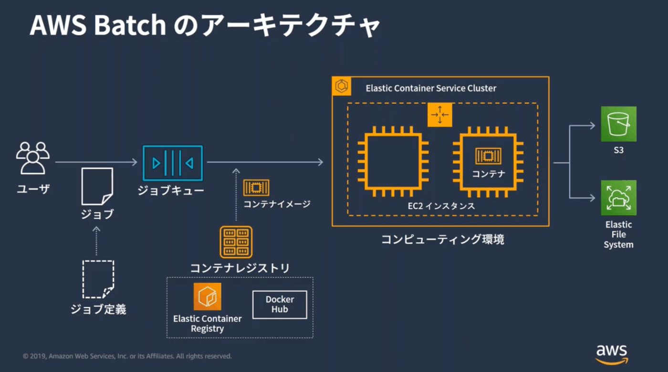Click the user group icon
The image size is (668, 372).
[x=33, y=158]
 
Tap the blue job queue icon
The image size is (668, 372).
[x=173, y=163]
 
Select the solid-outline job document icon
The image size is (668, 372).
[x=97, y=186]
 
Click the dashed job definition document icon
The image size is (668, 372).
[x=98, y=279]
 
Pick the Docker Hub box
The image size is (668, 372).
[x=280, y=305]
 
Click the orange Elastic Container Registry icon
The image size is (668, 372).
[x=208, y=297]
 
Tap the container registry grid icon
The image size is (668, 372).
[x=236, y=242]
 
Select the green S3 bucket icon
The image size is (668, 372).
[x=618, y=124]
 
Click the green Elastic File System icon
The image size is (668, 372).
[x=618, y=198]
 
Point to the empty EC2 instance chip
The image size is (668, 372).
[x=393, y=161]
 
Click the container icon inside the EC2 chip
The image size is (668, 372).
[x=488, y=156]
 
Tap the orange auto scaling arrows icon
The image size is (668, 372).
[x=440, y=115]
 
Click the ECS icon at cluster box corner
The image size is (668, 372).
[x=342, y=86]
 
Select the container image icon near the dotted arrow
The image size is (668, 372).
[x=256, y=188]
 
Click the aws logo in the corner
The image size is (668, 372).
[x=612, y=354]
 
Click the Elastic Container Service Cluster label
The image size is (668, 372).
[x=431, y=88]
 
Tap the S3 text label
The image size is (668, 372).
[x=618, y=150]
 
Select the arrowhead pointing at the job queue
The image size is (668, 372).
[x=135, y=162]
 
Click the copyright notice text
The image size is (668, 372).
[x=127, y=356]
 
